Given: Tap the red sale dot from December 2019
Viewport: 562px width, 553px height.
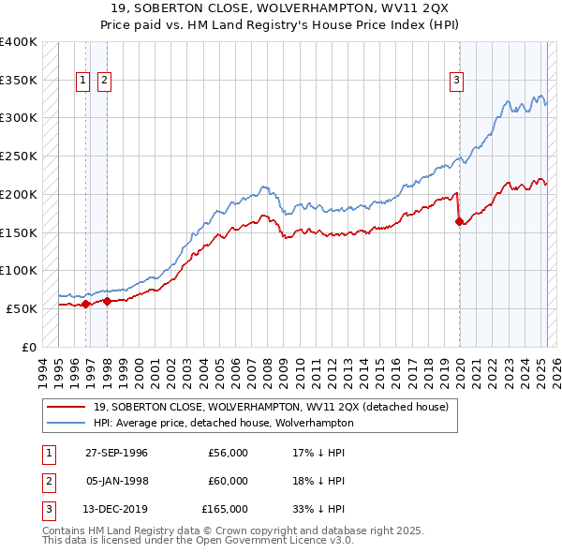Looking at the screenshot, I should tap(459, 222).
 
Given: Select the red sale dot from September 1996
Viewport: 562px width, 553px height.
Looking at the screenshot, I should tap(85, 304).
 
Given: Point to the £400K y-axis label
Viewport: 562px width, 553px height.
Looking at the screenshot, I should tap(19, 42).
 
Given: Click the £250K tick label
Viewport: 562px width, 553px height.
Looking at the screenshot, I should tap(19, 157).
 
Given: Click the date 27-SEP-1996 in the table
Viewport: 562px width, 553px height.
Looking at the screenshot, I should tap(116, 453).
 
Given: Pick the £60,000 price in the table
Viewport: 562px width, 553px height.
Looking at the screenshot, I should tap(228, 481).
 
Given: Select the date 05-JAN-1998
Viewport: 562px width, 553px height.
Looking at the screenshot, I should tap(116, 481).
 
